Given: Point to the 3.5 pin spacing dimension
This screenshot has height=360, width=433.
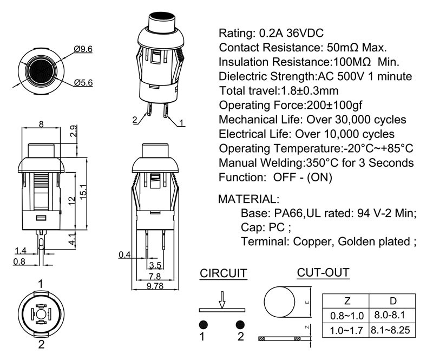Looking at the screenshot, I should coord(155,265).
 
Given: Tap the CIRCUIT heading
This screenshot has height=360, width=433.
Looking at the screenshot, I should coord(224,273).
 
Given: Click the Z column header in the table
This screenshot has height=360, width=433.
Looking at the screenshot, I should coord(346,301).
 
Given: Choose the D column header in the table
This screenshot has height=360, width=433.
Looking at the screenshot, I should coord(392,301).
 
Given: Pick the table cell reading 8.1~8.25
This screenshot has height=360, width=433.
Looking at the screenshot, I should coord(392,329).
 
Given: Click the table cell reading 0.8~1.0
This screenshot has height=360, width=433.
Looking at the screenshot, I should coord(346,315).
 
